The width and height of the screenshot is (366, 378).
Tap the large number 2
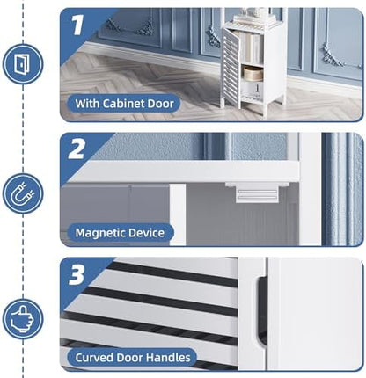click(77, 149)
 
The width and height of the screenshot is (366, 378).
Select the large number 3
click(77, 274)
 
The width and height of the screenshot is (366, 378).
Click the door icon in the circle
click(23, 64)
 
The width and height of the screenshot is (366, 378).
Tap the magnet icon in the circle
click(23, 193)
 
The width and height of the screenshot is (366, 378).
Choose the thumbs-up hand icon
click(22, 319)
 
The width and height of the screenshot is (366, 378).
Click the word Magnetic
click(97, 233)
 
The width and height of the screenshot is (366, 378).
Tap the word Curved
click(94, 358)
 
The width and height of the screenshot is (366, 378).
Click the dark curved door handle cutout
click(262, 310)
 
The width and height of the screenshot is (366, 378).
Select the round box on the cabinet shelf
click(253, 73)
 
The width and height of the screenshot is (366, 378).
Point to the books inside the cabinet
click(251, 47)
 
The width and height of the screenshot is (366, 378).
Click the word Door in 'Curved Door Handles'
click(129, 358)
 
